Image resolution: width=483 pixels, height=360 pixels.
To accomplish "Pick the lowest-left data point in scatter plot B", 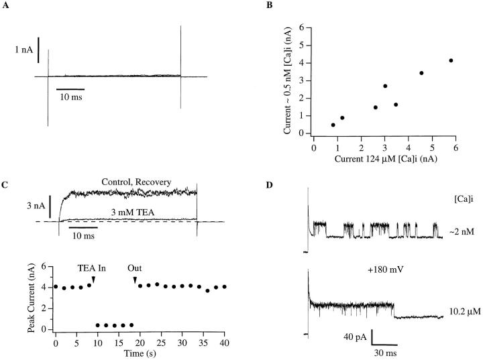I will click(x=333, y=125).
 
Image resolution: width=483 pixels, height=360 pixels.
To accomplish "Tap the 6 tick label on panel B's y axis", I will click(x=304, y=28).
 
